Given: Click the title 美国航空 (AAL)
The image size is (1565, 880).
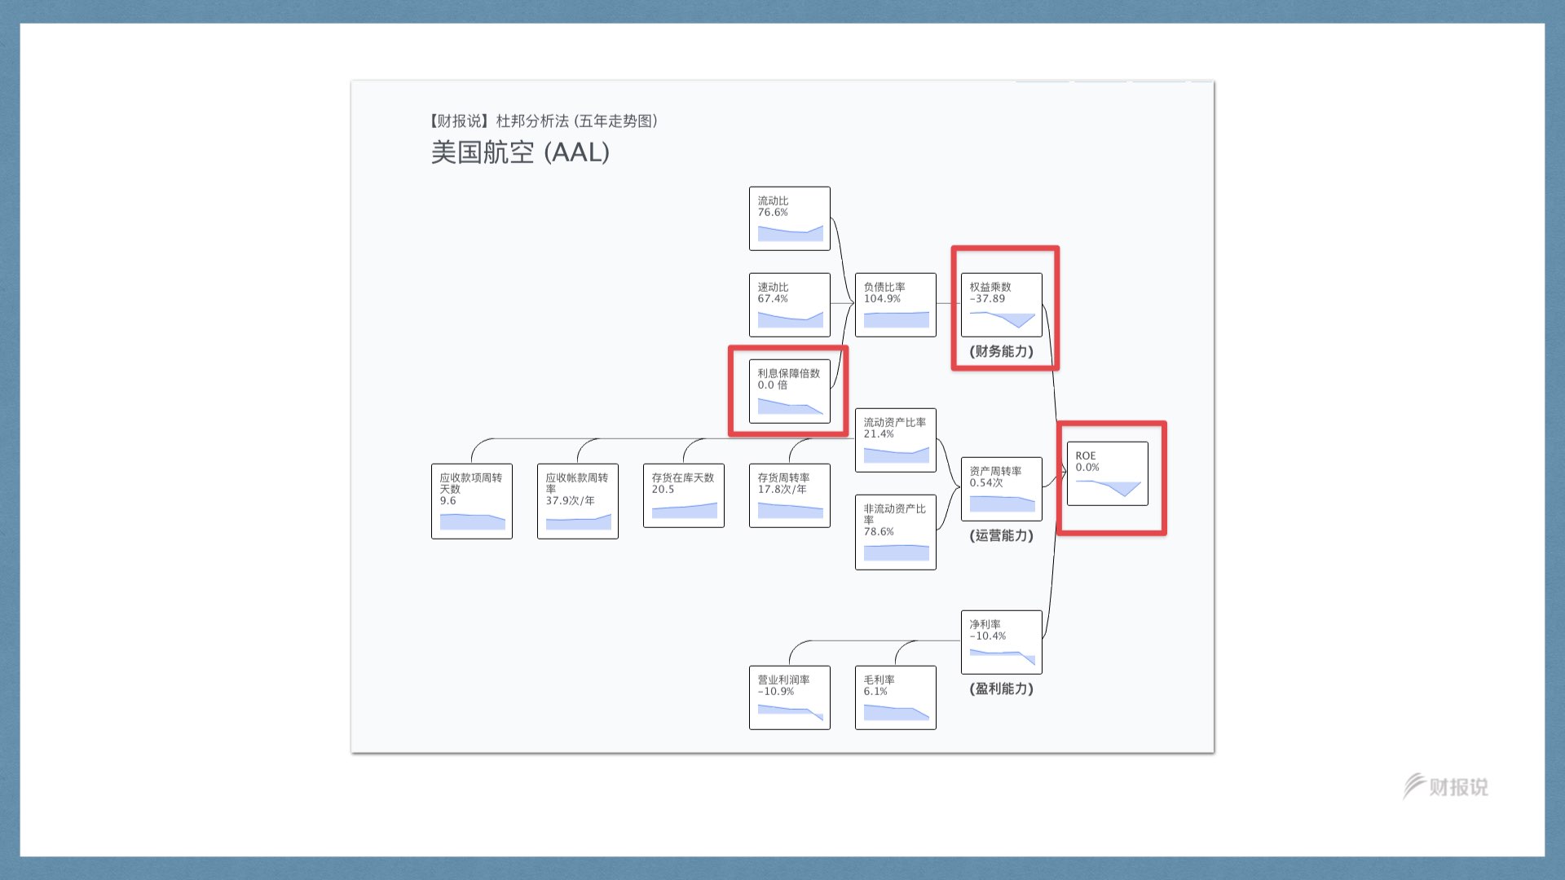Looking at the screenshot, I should [520, 152].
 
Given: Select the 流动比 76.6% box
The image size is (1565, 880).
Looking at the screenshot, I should [789, 218].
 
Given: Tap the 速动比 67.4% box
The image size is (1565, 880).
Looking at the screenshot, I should [789, 305].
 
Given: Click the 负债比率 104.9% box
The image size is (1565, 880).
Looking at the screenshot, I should [895, 305].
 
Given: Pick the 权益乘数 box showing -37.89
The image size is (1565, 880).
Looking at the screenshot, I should [1001, 305].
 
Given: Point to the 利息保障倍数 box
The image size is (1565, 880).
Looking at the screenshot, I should [789, 391].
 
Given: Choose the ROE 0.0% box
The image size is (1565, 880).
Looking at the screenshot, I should [1107, 473].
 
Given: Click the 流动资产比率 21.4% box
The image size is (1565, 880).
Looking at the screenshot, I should [895, 440].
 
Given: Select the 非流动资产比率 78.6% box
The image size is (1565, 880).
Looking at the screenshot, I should [895, 532].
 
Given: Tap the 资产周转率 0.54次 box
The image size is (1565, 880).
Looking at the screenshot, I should [1001, 489].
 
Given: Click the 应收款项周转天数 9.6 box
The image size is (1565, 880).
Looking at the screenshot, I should [471, 501].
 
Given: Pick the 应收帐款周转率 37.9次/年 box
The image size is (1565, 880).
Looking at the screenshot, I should [577, 501].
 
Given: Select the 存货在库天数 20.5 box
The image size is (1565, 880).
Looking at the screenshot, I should [683, 495].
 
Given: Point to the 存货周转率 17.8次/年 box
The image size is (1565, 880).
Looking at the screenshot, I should [789, 495].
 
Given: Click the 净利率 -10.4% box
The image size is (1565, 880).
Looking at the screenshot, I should [1001, 642].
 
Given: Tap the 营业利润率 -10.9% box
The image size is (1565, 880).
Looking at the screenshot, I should [789, 697].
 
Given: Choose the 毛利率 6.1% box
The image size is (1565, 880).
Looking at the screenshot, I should [895, 697].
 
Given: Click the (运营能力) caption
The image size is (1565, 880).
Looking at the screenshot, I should [1001, 535].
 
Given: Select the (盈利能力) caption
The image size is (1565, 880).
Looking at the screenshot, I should [1001, 689].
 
